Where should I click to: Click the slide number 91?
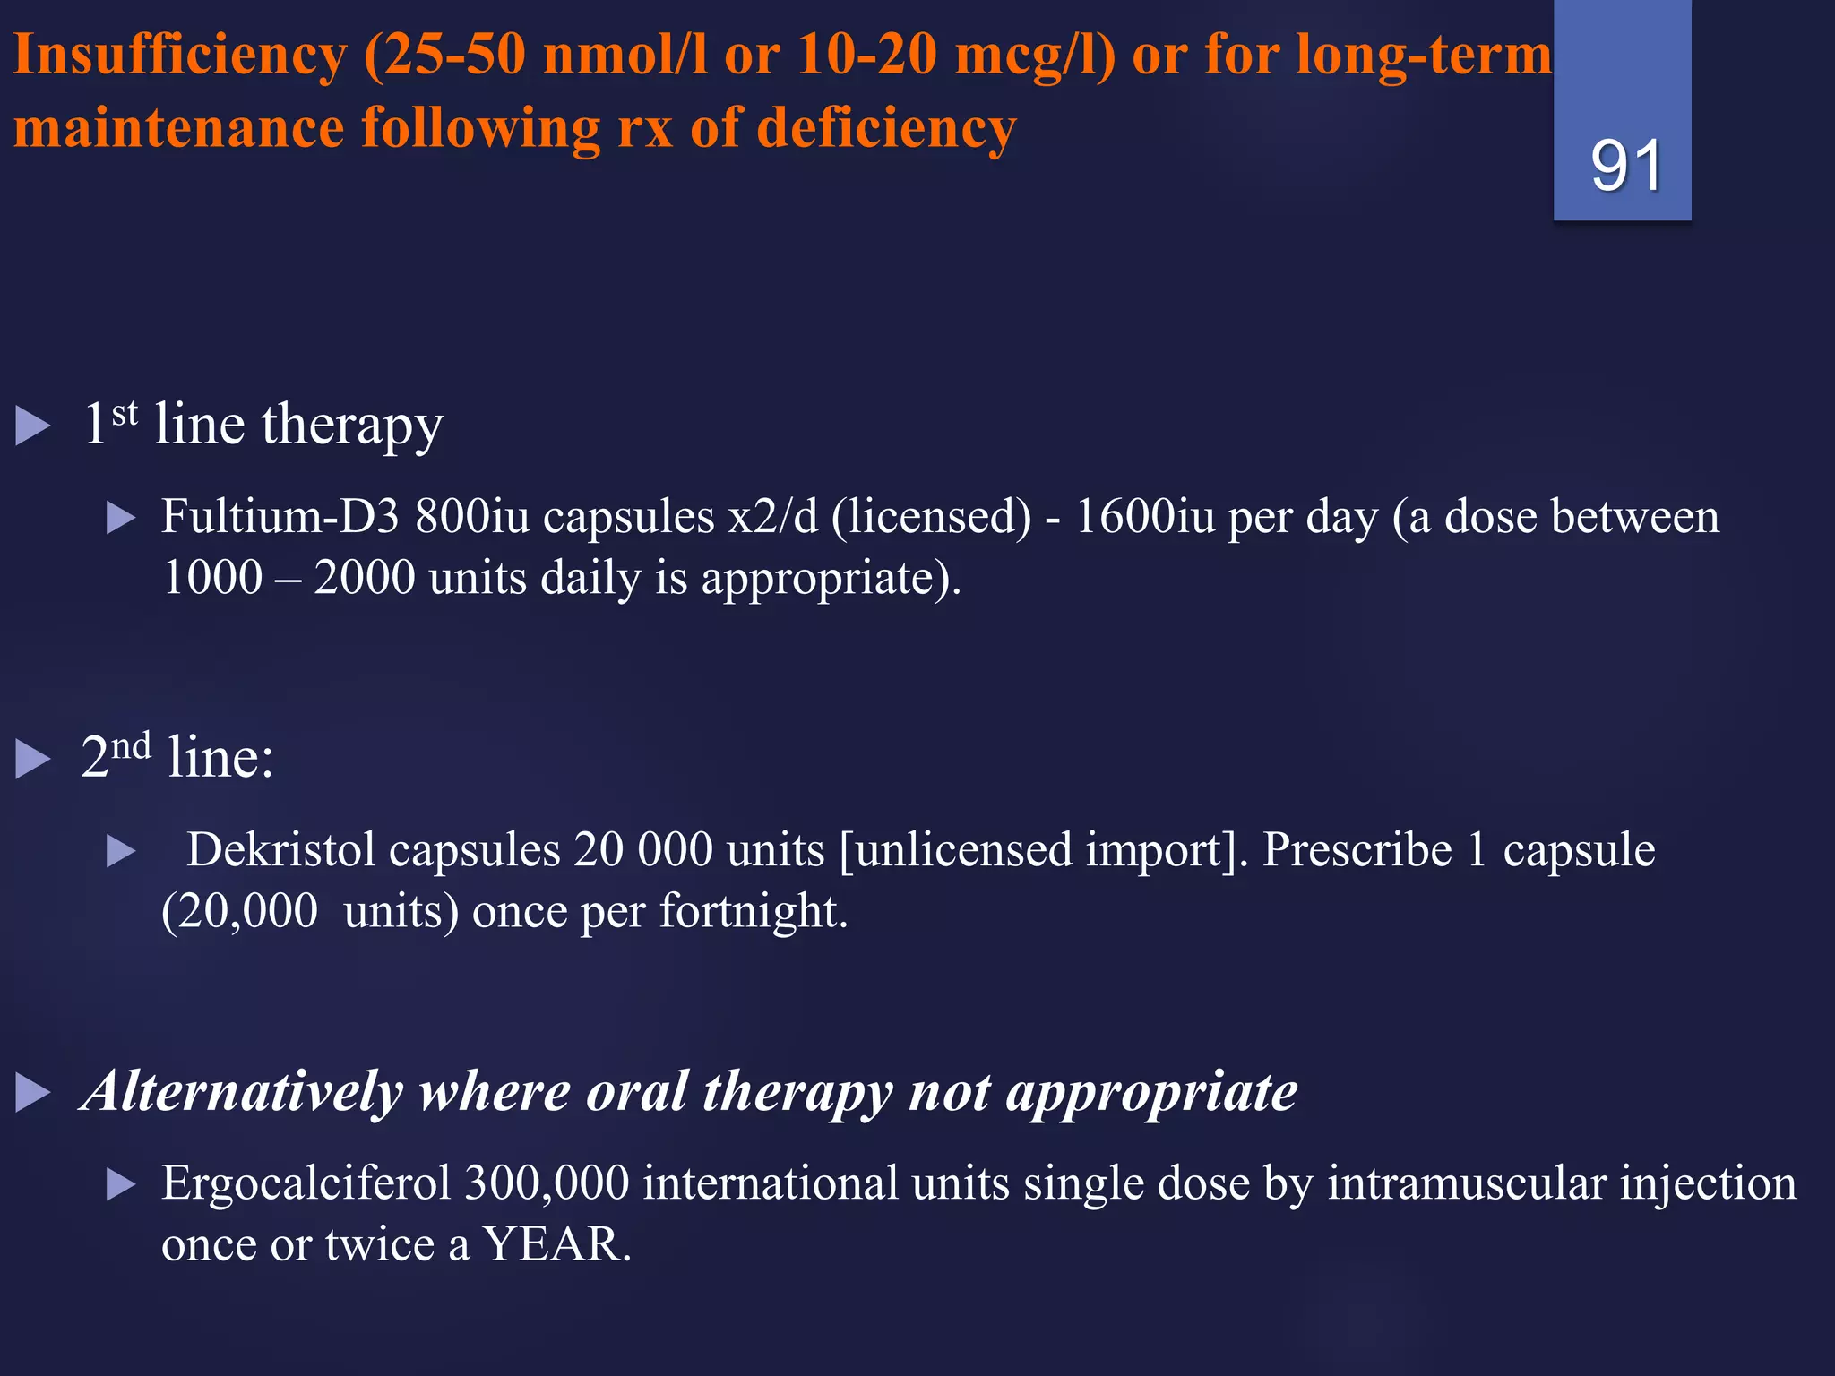click(1625, 166)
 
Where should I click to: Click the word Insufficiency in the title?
click(179, 56)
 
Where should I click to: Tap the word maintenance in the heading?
click(179, 128)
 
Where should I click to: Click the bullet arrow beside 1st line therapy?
click(33, 426)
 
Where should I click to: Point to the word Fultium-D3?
click(280, 517)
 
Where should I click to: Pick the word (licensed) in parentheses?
click(932, 517)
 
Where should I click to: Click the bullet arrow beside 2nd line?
click(33, 759)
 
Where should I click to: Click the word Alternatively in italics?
click(242, 1092)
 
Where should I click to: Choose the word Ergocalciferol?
click(305, 1183)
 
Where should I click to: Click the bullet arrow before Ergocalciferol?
click(120, 1184)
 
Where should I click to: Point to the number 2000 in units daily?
click(364, 578)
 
